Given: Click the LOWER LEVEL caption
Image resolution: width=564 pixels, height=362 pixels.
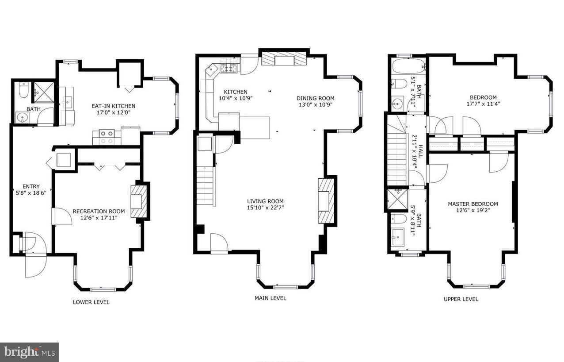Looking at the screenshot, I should [91, 302].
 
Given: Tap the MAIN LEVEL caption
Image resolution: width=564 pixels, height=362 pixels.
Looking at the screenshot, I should [270, 298].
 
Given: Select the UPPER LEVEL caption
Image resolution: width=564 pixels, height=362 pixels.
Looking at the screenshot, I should [461, 299].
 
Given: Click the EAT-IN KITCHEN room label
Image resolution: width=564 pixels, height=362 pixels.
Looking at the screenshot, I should [113, 106].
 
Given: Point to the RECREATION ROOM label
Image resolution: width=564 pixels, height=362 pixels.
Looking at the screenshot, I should [99, 212].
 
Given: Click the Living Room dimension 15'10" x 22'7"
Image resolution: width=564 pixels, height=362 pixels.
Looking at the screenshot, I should [265, 208].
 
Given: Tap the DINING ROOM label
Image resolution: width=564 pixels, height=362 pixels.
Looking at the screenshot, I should [315, 98].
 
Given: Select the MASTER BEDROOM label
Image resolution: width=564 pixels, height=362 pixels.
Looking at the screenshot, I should [473, 204].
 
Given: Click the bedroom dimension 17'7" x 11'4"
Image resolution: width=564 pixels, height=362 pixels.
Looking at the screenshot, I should [483, 104].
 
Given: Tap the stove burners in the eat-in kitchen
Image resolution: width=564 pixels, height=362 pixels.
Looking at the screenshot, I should [106, 137].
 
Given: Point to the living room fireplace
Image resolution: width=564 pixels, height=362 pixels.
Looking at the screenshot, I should [327, 201].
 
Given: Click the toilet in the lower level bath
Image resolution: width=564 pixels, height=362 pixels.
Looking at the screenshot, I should [23, 91].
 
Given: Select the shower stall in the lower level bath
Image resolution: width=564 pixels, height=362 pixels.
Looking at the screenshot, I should [44, 92].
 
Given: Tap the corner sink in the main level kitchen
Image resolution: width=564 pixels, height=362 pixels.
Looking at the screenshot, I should [212, 69].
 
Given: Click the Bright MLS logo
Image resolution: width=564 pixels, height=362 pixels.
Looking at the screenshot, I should [29, 352].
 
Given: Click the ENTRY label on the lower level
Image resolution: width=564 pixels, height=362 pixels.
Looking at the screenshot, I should [31, 187].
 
